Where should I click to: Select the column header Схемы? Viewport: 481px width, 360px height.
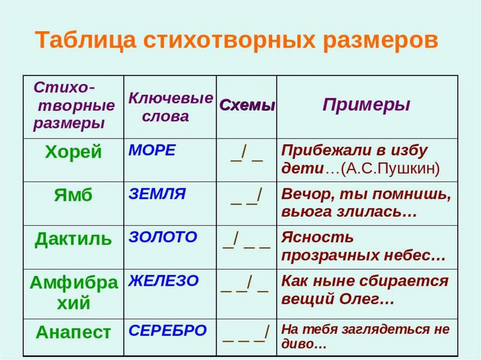(x=247, y=105)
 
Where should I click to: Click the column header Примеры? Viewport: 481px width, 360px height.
(x=366, y=105)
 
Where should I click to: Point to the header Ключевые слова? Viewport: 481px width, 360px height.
(x=171, y=107)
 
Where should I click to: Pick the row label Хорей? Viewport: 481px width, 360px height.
(x=73, y=151)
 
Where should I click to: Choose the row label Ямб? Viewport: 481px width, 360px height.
(x=73, y=195)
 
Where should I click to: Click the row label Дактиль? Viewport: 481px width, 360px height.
(x=73, y=239)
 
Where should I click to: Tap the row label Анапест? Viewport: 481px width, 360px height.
(x=73, y=332)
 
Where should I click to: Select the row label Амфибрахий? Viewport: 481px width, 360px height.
(x=74, y=293)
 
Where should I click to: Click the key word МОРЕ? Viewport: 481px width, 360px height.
(x=152, y=150)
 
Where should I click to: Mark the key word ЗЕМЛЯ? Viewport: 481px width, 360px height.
(x=157, y=194)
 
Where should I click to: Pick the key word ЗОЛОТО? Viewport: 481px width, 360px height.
(x=163, y=237)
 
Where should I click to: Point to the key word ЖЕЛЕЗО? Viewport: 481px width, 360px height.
(x=164, y=281)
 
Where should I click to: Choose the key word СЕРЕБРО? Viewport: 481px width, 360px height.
(x=167, y=330)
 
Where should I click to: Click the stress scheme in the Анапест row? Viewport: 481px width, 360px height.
(x=246, y=334)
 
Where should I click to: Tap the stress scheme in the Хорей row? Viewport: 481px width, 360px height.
(x=247, y=153)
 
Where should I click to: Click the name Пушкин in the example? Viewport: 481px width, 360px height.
(x=405, y=168)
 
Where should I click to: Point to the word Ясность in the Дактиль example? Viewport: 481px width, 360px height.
(x=317, y=237)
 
